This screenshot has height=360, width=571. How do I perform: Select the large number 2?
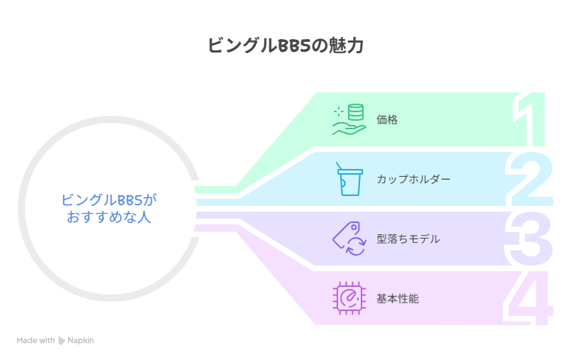[530, 178]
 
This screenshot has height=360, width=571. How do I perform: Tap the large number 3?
[530, 238]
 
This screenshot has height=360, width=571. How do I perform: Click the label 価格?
[387, 119]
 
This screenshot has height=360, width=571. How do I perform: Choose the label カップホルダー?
[413, 179]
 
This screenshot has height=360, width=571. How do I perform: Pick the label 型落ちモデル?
[408, 239]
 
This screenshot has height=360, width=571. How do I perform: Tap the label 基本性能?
[398, 299]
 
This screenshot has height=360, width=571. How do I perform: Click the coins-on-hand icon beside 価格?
[349, 119]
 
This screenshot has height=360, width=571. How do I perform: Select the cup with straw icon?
[348, 178]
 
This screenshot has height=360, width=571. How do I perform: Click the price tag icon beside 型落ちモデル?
[349, 239]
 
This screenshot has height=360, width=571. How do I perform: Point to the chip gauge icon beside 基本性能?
[349, 298]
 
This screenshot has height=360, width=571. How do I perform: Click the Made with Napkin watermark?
[55, 341]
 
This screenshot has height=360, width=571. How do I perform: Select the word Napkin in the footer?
[80, 341]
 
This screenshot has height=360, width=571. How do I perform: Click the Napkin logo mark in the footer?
[62, 341]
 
